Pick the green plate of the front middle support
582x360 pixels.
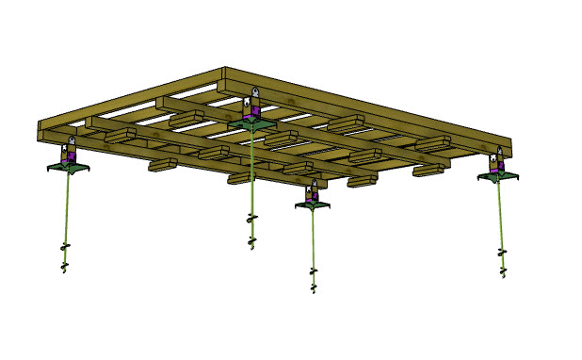click(x=313, y=205)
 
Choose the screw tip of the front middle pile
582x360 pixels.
click(x=314, y=280)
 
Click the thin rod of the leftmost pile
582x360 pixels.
click(x=66, y=207)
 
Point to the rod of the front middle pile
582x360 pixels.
click(x=314, y=240)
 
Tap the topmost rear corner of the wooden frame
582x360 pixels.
click(x=224, y=69)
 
